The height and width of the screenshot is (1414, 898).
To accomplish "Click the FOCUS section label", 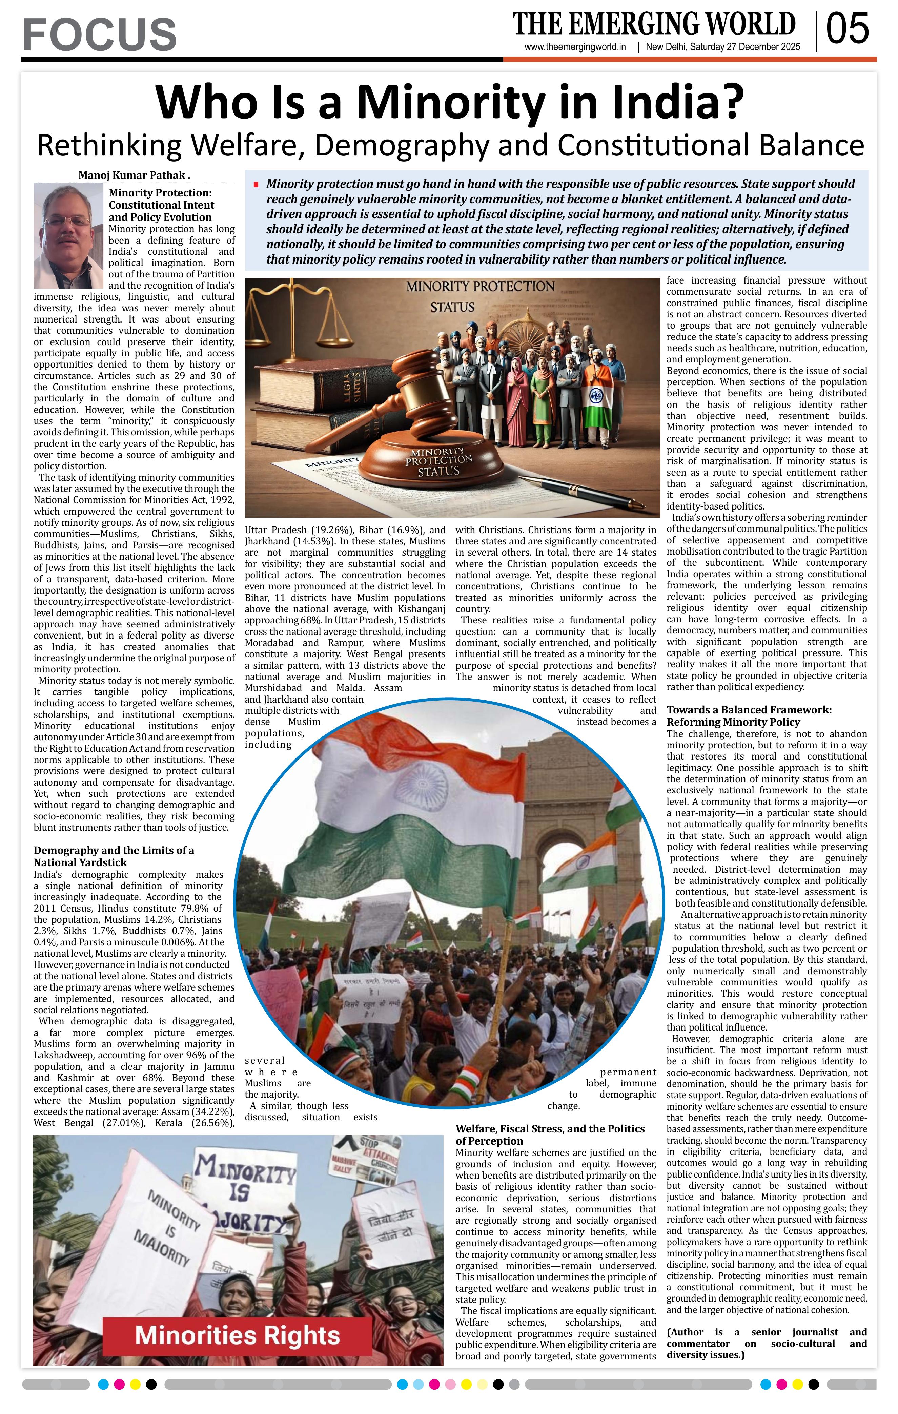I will pos(100,34).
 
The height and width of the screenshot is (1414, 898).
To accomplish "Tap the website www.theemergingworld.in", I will pos(575,47).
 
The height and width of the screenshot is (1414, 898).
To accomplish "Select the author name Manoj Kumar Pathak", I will pos(133,175).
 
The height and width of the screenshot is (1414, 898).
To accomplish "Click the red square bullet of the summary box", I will pos(256,184).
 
